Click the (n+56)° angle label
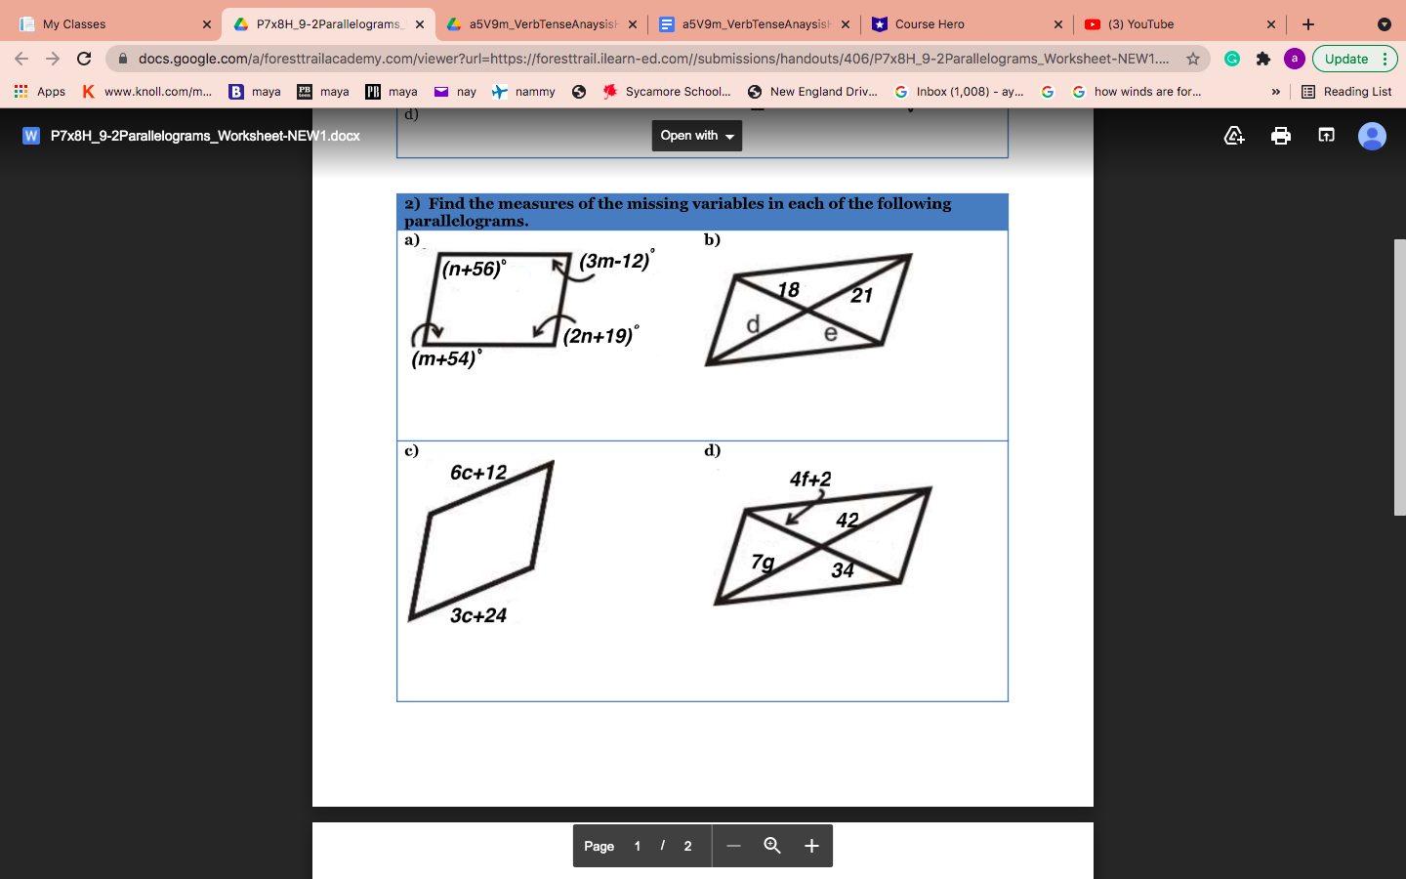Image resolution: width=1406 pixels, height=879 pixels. (474, 269)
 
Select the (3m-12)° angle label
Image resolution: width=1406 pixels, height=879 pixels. (615, 261)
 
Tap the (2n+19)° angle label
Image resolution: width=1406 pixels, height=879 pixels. (600, 336)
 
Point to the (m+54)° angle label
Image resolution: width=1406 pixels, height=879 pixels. (446, 358)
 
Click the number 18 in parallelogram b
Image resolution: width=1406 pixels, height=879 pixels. (788, 290)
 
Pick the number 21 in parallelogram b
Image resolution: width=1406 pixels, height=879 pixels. (861, 296)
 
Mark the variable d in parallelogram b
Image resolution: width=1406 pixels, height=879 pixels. (753, 324)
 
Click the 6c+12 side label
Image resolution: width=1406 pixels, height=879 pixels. (478, 473)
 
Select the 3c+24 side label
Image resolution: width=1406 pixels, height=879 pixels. (478, 615)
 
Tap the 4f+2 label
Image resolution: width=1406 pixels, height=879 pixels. (810, 480)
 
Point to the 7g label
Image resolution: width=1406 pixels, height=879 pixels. (763, 562)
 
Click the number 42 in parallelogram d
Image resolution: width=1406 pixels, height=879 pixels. (847, 521)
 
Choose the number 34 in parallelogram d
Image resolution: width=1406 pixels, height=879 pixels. (843, 570)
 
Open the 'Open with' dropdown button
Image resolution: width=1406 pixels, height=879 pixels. (696, 136)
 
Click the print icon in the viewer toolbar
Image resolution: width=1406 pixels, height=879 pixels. (1281, 136)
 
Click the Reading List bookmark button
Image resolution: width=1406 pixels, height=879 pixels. (1346, 92)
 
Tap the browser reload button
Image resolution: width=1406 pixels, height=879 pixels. (84, 59)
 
